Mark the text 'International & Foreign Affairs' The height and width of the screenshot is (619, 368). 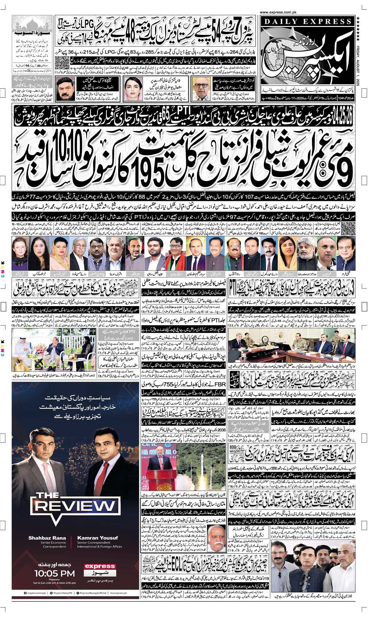[99, 546]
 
